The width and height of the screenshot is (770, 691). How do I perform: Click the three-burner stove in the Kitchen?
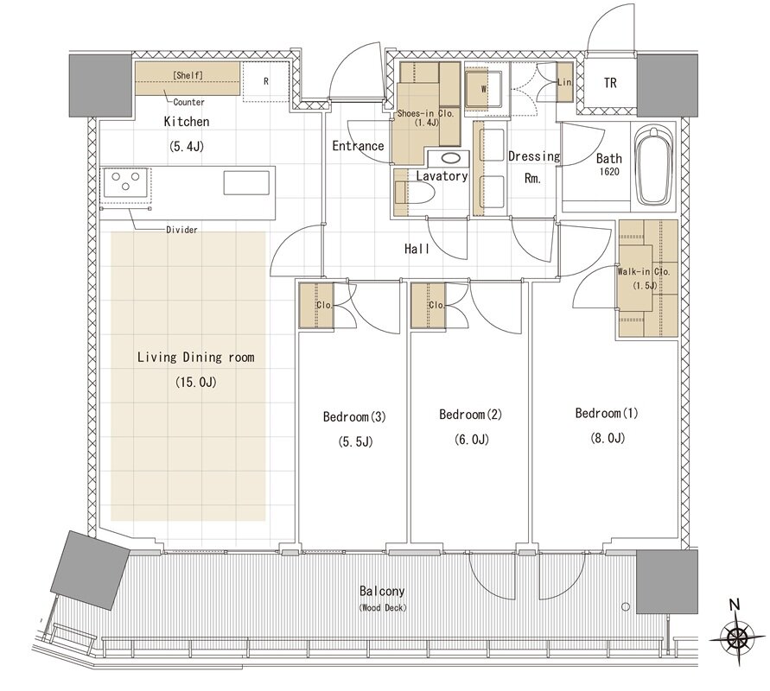click(125, 182)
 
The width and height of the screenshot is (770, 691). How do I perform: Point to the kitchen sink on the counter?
click(246, 182)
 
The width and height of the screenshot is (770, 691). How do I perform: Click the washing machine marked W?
click(483, 89)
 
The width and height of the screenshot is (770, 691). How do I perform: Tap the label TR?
click(610, 83)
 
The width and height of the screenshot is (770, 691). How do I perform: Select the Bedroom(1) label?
click(607, 413)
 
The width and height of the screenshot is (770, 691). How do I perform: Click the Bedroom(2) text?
click(470, 415)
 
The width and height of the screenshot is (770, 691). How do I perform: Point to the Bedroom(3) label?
click(354, 417)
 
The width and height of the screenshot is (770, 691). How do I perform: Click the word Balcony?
click(382, 591)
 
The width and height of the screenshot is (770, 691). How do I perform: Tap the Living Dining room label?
click(196, 358)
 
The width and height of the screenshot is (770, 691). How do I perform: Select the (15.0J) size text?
click(196, 383)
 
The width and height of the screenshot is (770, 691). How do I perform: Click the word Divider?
click(181, 230)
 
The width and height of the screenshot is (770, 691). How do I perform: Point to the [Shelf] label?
click(188, 75)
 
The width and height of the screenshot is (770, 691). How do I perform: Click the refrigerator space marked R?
click(265, 81)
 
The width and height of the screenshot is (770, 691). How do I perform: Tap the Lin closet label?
click(564, 82)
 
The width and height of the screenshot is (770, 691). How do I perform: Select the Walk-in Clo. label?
click(643, 271)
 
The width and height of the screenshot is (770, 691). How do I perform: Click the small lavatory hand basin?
click(449, 159)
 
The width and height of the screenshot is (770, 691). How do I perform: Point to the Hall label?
click(417, 250)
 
